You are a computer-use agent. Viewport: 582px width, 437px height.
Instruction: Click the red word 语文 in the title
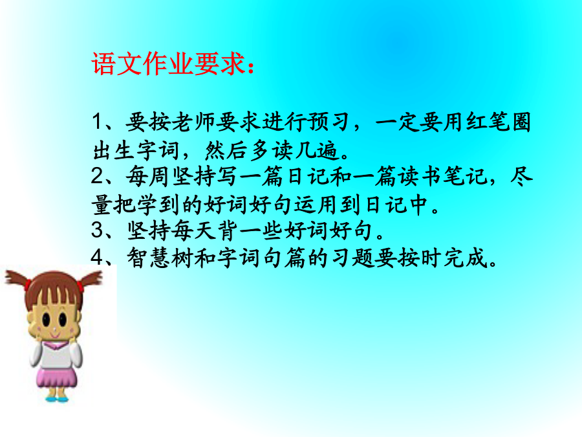[117, 63]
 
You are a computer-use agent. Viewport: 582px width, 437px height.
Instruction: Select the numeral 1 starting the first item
[97, 122]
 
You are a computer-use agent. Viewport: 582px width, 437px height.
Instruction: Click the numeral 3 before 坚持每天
[98, 230]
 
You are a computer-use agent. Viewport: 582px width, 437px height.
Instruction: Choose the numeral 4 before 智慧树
[98, 257]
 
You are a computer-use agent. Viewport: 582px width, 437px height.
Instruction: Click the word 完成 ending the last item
[465, 258]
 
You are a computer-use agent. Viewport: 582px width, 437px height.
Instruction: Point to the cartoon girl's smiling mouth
[54, 335]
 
